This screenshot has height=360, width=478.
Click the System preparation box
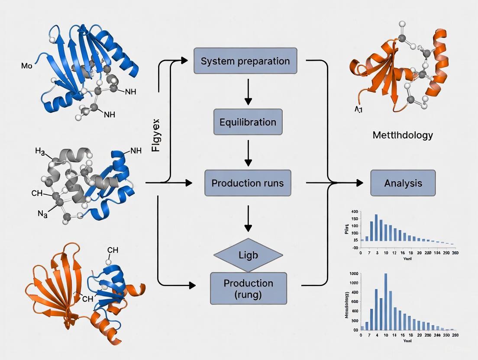point(245,61)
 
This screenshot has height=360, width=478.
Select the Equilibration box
point(248,122)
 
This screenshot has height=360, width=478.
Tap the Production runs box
point(248,183)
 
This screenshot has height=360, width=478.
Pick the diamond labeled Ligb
point(248,255)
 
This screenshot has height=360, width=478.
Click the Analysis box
point(403,183)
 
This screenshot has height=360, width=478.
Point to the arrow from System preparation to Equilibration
point(248,92)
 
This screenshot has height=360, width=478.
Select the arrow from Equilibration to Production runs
point(248,152)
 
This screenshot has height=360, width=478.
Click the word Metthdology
point(402,135)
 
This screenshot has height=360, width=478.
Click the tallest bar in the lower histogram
point(385,302)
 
